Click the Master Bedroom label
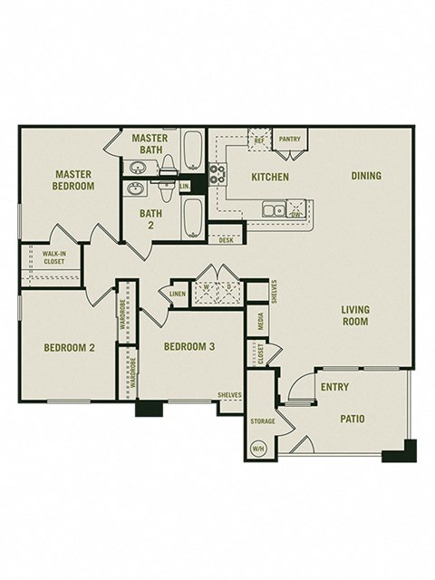[x=74, y=179]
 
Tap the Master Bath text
[x=149, y=144]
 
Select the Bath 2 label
[x=150, y=219]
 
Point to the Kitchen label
[x=270, y=177]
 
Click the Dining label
[x=366, y=176]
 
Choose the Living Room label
[x=354, y=315]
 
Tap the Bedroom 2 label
[x=70, y=347]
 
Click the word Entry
[x=334, y=387]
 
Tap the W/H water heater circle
[x=258, y=448]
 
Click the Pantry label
[x=289, y=140]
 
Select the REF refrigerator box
[x=258, y=140]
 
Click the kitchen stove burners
[x=217, y=174]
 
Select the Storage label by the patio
[x=263, y=421]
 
